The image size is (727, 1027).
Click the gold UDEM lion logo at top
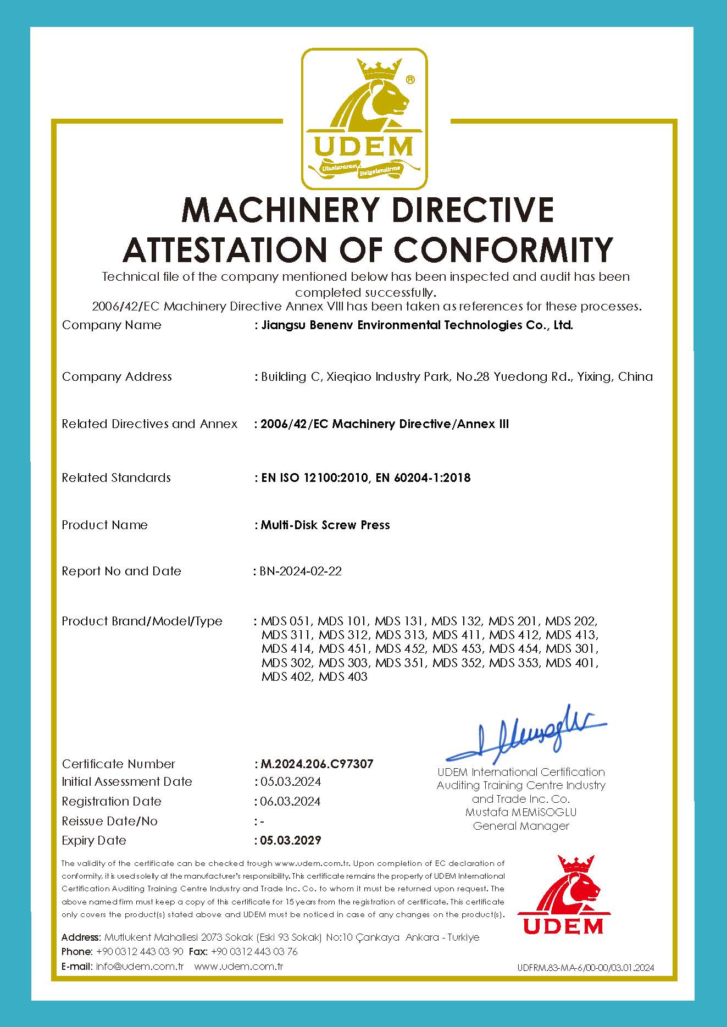[364, 119]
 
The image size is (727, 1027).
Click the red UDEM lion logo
[563, 894]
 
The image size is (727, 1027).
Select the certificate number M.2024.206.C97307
[317, 764]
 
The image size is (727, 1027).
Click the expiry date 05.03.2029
[291, 840]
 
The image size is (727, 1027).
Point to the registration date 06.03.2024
[290, 801]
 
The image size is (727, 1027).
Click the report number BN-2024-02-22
[301, 571]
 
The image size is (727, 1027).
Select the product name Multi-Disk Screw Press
[325, 525]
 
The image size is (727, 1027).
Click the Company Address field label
[116, 376]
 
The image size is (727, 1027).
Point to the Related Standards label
[116, 478]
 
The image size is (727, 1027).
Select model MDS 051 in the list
[286, 621]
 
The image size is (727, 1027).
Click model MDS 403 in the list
[343, 676]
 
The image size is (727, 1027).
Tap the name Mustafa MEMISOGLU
[521, 812]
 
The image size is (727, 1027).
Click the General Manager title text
[521, 826]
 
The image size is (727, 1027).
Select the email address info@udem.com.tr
[140, 966]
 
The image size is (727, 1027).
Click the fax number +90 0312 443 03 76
[254, 951]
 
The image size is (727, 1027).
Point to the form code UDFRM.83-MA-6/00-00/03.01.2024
[586, 968]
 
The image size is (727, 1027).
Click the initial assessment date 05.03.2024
[290, 781]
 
